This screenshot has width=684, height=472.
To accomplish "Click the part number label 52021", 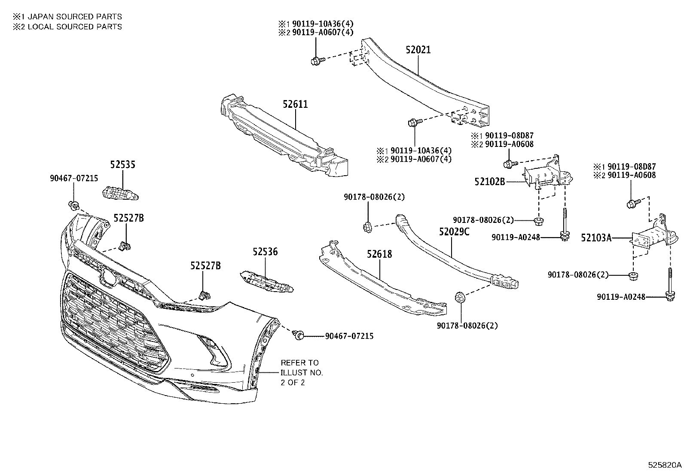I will pyautogui.click(x=418, y=50).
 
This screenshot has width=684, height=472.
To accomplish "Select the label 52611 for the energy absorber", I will pyautogui.click(x=295, y=104).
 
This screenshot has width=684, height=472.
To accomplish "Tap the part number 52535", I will pyautogui.click(x=122, y=164).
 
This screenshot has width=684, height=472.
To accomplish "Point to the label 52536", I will pyautogui.click(x=265, y=252).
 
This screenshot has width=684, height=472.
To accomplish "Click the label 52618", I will pyautogui.click(x=379, y=254).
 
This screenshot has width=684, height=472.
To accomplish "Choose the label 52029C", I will pyautogui.click(x=454, y=232).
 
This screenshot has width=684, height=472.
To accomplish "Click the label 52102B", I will pyautogui.click(x=489, y=182).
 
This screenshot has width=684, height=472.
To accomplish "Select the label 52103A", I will pyautogui.click(x=596, y=238).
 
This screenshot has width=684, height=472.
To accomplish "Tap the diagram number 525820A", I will pyautogui.click(x=665, y=465).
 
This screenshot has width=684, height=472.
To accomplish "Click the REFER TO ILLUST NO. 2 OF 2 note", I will pyautogui.click(x=302, y=372).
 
